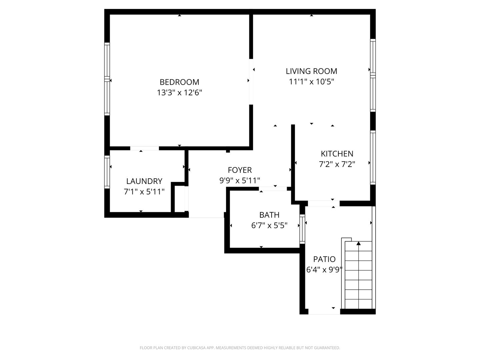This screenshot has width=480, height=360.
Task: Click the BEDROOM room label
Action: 179,82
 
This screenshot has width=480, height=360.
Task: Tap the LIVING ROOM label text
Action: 311,71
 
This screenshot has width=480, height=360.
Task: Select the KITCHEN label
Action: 337,154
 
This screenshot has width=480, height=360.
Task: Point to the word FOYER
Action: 240,170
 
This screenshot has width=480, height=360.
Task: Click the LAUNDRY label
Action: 144,181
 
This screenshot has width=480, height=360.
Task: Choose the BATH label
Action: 269,215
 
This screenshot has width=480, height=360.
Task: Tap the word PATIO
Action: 324,259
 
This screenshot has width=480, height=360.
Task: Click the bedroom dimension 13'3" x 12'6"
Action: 179,93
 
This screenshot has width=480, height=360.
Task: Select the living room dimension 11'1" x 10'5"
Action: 311,82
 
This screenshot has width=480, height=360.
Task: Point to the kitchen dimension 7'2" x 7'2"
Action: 337,164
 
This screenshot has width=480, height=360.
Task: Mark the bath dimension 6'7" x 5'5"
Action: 269,226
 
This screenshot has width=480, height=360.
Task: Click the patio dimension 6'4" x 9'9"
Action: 324,270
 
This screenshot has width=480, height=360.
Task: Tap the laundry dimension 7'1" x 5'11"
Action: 144,192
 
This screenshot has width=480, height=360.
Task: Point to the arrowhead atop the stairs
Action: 358,243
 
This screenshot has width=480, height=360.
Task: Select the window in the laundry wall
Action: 107,172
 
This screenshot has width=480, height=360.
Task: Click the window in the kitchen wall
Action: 373,158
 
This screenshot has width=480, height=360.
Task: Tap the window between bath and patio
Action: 302,229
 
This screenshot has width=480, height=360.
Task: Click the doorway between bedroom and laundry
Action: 145,148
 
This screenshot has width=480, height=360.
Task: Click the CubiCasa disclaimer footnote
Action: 240,348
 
